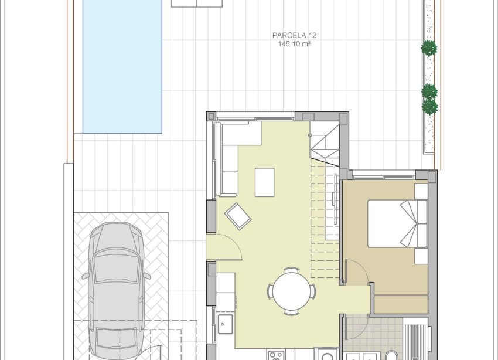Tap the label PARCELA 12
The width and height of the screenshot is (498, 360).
[295, 35]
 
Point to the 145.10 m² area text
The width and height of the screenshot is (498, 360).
[295, 43]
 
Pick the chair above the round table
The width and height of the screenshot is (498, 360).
[291, 271]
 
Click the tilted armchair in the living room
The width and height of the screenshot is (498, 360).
[238, 216]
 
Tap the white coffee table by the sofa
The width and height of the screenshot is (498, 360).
[265, 182]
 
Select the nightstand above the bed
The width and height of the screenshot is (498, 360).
[421, 191]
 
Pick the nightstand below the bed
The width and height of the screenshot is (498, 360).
[421, 256]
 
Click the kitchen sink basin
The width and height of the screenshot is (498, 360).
[226, 324]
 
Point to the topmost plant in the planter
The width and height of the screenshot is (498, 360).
[429, 48]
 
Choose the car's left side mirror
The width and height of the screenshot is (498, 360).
[86, 276]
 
